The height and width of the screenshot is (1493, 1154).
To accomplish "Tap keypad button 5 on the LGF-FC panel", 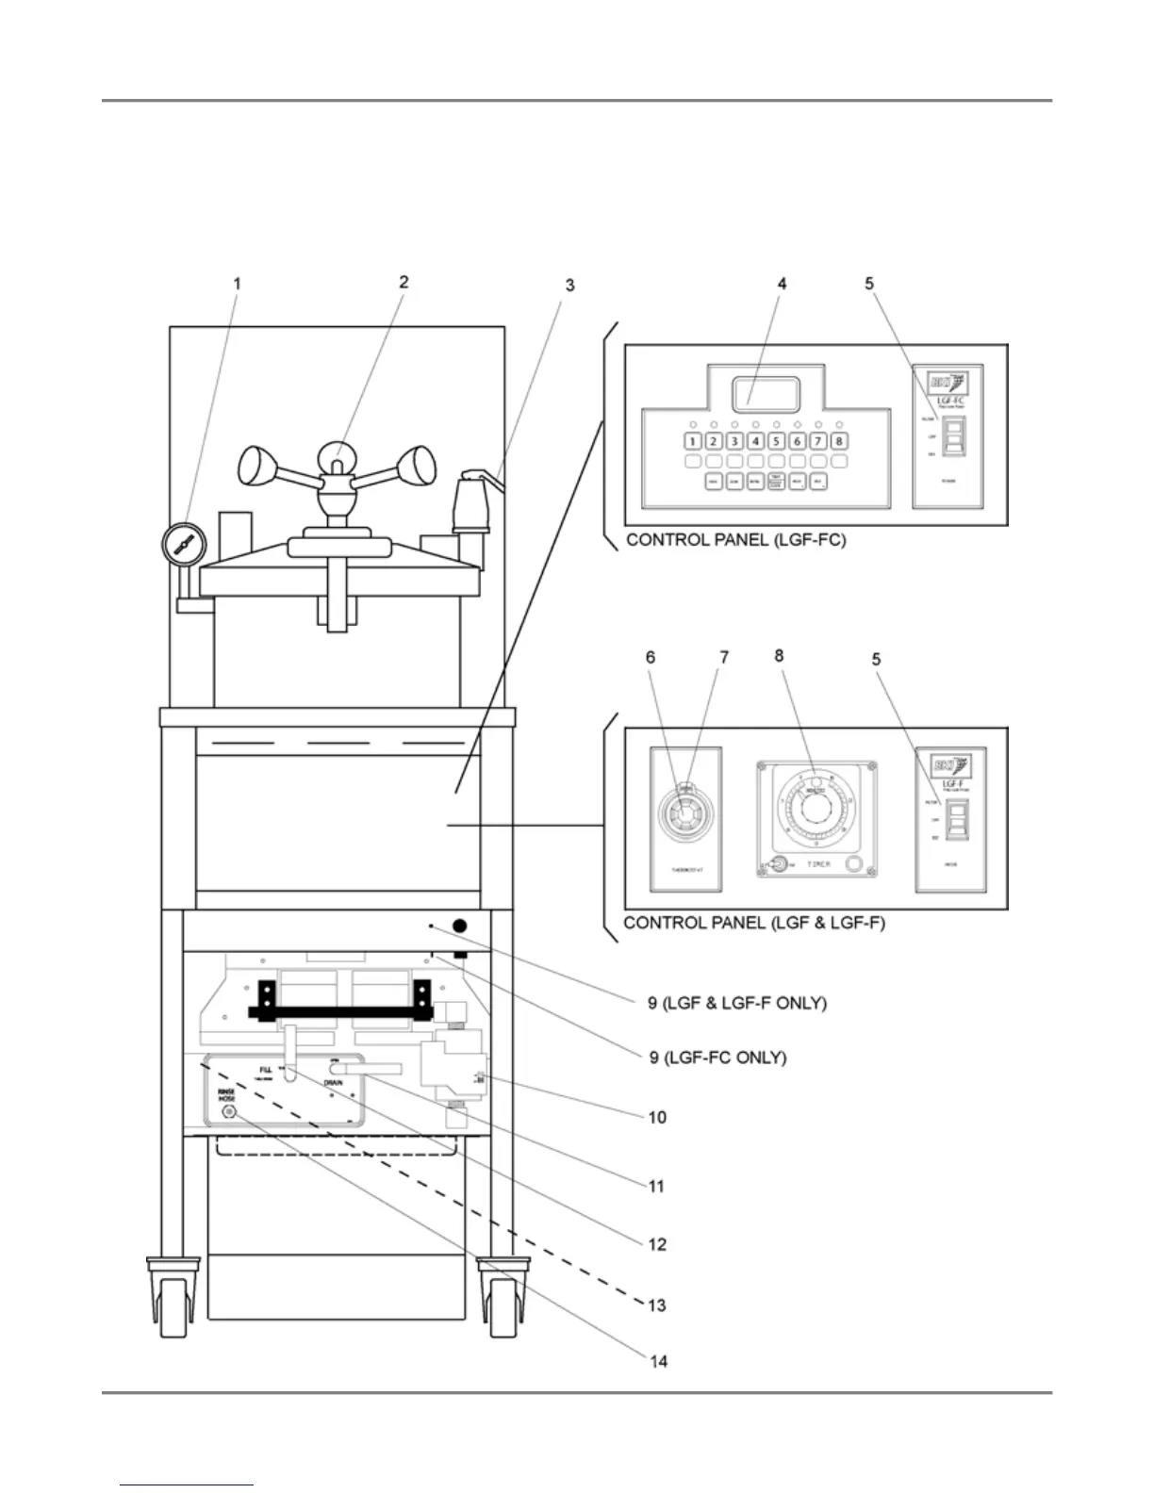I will (776, 440).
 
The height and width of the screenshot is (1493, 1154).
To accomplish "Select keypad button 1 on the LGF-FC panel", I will (692, 440).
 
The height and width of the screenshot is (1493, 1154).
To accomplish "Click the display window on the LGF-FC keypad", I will (766, 393).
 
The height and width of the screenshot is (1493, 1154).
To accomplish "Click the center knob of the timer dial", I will (815, 809).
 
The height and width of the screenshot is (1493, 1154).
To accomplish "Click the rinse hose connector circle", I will (227, 1112).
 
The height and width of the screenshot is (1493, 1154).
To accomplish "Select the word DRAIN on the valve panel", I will (333, 1083).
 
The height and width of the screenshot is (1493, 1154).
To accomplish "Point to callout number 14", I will (657, 1361).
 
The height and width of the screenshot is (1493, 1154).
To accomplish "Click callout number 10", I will (657, 1117).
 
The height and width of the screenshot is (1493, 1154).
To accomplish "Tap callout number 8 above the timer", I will (779, 656).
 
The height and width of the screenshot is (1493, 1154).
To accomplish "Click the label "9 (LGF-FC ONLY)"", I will (717, 1058).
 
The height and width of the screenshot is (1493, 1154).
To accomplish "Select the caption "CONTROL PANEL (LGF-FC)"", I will (735, 542).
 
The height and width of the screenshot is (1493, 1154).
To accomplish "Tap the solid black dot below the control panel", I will (459, 927).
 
